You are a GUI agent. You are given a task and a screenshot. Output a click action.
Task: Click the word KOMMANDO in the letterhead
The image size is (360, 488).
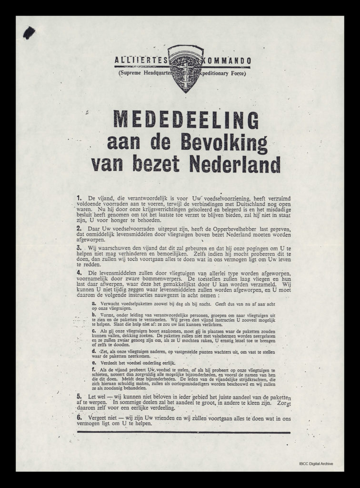coord(229,61)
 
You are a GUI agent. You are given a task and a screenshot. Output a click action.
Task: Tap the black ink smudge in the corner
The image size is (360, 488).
coord(29,32)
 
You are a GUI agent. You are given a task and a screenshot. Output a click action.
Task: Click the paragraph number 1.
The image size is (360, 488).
coord(79,196)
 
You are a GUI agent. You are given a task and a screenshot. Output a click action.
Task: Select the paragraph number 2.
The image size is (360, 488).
coord(79,229)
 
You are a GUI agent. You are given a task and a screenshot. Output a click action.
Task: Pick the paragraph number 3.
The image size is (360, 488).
coord(79,248)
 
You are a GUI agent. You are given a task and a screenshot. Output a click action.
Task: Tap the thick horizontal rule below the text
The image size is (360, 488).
coord(183,432)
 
